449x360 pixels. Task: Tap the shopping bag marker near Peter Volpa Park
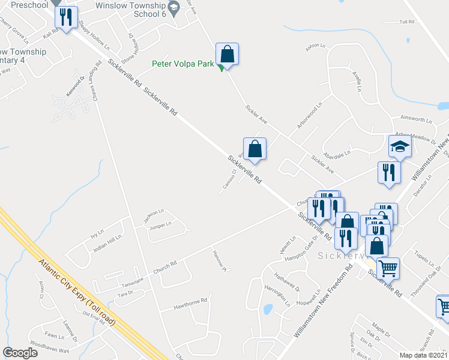point(228,55)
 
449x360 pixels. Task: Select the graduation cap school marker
point(399,146)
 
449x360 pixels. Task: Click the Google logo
point(20,353)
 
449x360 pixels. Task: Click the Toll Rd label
point(407,22)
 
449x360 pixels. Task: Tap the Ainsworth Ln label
point(417,119)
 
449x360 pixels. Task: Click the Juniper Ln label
point(160,224)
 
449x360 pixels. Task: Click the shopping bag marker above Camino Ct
point(255,148)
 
